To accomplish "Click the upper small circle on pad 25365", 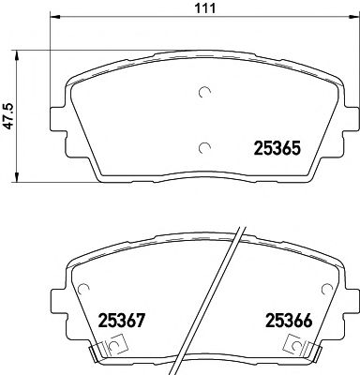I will click(x=206, y=92).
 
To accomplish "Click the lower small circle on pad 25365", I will click(x=206, y=145).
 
